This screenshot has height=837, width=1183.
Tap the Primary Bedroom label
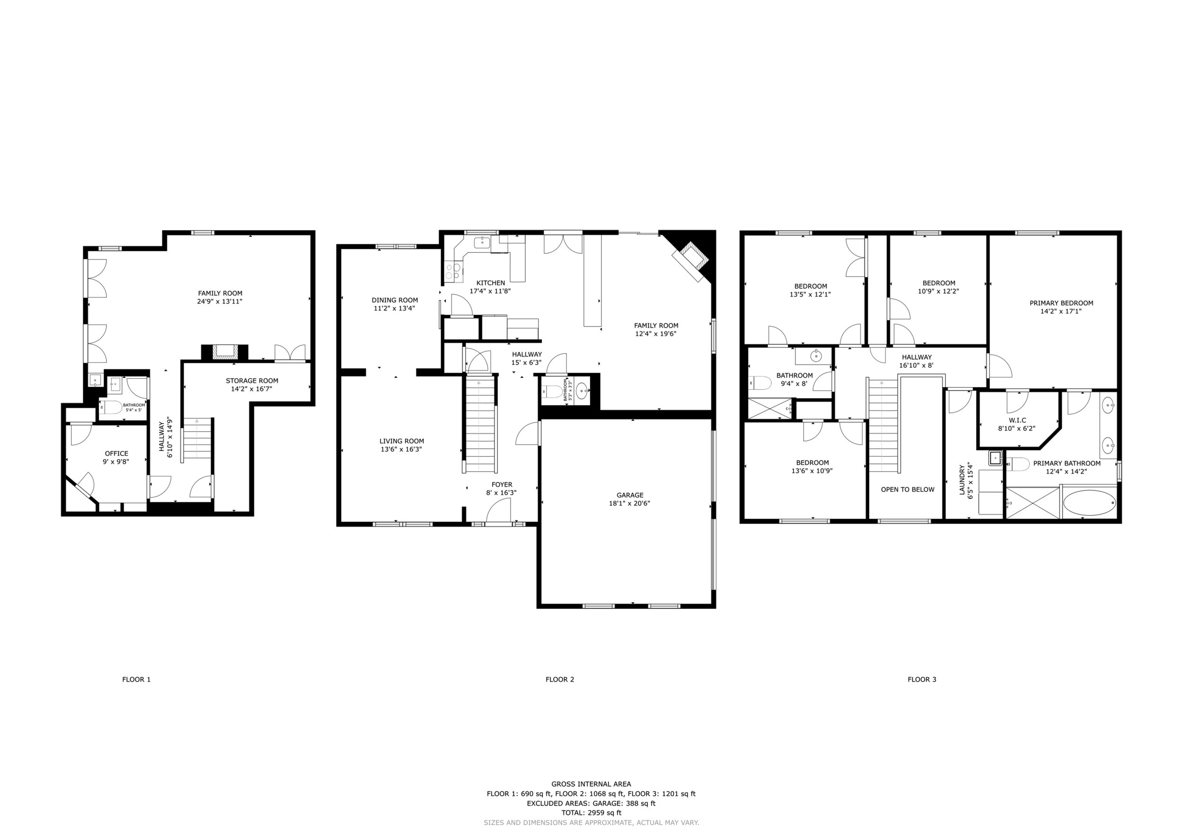point(1061,303)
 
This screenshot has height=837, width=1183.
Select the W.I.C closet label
point(1017,420)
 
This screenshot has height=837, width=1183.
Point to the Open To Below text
point(907,490)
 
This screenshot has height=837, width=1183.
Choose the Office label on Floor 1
point(116,454)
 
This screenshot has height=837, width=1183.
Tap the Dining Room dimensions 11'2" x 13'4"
point(394,308)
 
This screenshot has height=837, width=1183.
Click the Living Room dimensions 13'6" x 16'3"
point(401,449)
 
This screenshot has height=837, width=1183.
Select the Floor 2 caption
point(559,679)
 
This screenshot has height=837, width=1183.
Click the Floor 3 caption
point(922,679)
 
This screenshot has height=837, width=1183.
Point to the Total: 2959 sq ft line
point(591,813)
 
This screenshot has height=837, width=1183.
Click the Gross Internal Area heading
point(591,784)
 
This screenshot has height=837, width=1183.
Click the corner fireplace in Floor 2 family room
point(691,260)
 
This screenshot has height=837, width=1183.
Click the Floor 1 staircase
point(198,438)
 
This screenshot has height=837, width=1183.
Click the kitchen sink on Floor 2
point(481,242)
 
